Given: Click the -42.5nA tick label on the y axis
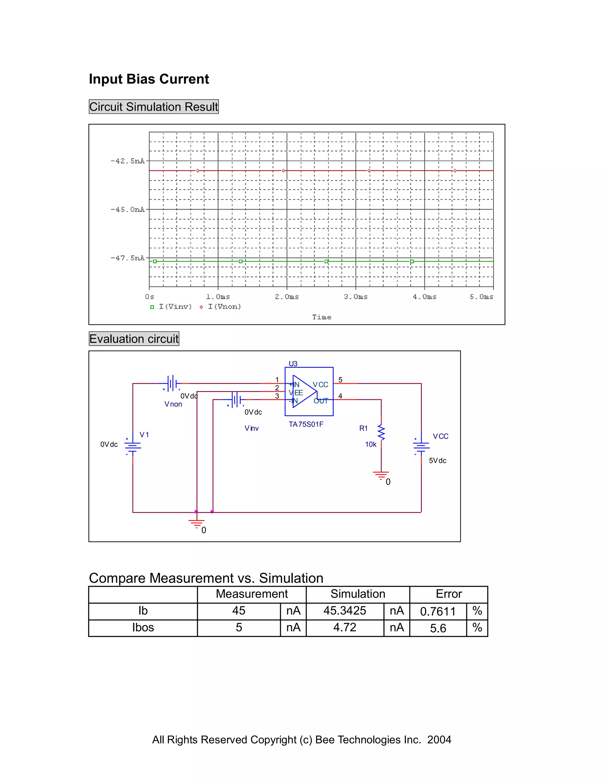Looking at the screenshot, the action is click(128, 161).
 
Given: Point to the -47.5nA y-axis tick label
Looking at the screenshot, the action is click(128, 258).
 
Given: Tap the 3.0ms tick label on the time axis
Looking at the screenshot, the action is click(355, 296).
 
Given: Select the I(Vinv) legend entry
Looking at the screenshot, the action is click(171, 307).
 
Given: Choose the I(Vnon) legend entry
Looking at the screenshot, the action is click(221, 307).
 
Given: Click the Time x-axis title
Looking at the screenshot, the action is click(321, 317).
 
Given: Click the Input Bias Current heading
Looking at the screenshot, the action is click(149, 79).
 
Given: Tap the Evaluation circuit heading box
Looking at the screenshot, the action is click(134, 339).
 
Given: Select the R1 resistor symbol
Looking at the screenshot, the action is click(381, 432).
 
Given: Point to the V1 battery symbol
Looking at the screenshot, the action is click(133, 446).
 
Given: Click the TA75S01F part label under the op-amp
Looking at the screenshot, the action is click(306, 424).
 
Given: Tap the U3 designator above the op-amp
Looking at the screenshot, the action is click(293, 364).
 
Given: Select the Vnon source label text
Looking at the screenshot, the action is click(173, 404).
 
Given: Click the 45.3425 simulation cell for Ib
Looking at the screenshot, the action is click(344, 610).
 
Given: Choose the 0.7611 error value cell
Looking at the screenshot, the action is click(438, 611).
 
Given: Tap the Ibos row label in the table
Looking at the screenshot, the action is click(143, 627).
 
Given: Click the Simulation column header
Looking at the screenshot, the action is click(358, 594).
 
